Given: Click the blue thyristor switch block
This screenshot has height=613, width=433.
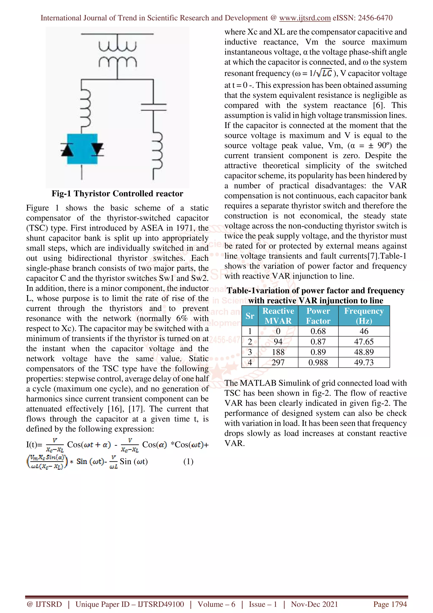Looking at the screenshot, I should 82,149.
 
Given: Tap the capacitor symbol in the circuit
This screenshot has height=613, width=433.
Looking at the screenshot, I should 153,107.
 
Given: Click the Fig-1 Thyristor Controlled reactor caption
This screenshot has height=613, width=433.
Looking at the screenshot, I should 117,193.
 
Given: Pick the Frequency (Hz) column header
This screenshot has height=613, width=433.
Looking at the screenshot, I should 364,316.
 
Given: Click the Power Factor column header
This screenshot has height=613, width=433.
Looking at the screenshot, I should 318,316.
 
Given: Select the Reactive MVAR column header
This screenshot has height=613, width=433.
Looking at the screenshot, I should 278,316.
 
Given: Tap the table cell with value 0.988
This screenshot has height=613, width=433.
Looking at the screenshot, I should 318,362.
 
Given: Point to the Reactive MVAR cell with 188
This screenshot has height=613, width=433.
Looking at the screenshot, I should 278,352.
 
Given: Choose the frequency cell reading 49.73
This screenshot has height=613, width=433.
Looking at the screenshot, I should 364,362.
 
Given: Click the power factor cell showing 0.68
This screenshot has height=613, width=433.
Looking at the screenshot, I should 318,331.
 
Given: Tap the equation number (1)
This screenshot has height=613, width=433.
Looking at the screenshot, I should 188,461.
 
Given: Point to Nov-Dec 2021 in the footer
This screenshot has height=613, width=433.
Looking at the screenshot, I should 314,604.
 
